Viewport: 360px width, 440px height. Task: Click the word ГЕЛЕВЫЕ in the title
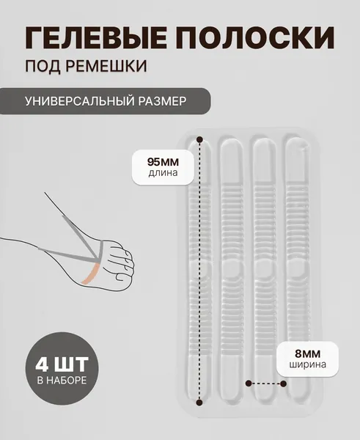(95, 37)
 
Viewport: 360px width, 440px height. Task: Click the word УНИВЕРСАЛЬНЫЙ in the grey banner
(79, 101)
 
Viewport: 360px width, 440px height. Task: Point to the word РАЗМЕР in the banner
(162, 101)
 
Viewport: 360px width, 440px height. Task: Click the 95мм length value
(163, 162)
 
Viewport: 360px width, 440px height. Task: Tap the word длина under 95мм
(163, 172)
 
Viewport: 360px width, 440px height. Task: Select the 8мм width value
(307, 354)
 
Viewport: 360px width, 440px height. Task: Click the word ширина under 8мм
(307, 364)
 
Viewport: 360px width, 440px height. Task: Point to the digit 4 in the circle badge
(42, 364)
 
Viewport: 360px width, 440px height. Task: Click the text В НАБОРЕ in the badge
(62, 381)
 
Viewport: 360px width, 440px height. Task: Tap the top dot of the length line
(199, 139)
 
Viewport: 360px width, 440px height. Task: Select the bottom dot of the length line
(199, 403)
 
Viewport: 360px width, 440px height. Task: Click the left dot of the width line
(249, 383)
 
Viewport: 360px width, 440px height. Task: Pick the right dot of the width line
(284, 384)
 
